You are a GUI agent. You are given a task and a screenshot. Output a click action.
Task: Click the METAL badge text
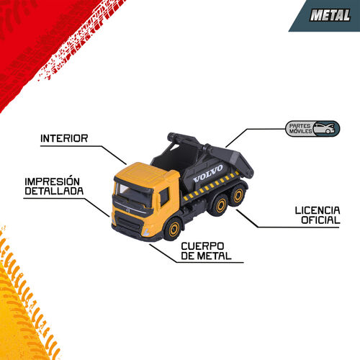coord(330,15)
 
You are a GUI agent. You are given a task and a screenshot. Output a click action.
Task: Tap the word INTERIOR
coord(64,138)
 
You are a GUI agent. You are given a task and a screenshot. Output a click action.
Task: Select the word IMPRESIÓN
coord(53,181)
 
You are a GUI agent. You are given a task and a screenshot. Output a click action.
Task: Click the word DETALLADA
coord(54,191)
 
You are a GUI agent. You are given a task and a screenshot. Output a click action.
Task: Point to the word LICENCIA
coord(318,210)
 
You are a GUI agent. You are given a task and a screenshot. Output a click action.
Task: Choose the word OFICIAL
coord(320,220)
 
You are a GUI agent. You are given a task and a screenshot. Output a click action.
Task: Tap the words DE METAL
coord(206,256)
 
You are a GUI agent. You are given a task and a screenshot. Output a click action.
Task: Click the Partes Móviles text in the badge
coord(300,129)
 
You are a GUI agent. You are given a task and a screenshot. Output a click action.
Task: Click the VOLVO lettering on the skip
coord(208,174)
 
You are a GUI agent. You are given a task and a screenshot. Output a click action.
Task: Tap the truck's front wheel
coord(174,229)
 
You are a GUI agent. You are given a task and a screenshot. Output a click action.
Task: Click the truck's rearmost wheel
coord(238,195)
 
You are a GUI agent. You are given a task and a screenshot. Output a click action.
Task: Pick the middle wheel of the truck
coord(220,205)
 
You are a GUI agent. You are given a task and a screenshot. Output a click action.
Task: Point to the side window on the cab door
coord(164,197)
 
